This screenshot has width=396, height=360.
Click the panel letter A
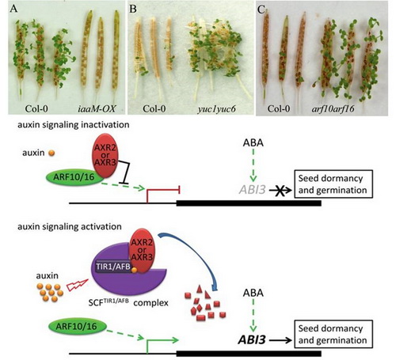point(13,9)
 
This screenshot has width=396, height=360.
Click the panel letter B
point(133,9)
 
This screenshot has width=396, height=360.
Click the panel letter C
point(261,9)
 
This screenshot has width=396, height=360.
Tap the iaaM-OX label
point(97,108)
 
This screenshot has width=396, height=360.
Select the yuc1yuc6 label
point(216,109)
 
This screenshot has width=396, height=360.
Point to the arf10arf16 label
point(333,108)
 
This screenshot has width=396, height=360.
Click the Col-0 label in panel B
point(154,108)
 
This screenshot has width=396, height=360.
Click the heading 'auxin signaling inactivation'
point(74,124)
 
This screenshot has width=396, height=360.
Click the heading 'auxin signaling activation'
point(70,226)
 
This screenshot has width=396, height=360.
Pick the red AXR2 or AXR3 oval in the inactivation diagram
point(105,156)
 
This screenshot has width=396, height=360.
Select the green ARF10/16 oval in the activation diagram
point(77,326)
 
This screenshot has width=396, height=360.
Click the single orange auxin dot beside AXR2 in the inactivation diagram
point(51,153)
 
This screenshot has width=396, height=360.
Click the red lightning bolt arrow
point(77,285)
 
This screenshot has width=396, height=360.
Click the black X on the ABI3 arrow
point(280,191)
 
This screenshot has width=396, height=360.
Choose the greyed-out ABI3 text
point(252,190)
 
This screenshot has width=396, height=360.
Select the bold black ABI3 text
point(252,340)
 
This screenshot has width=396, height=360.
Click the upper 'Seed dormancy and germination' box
point(333,184)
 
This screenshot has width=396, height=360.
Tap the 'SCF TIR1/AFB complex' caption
point(128,302)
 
